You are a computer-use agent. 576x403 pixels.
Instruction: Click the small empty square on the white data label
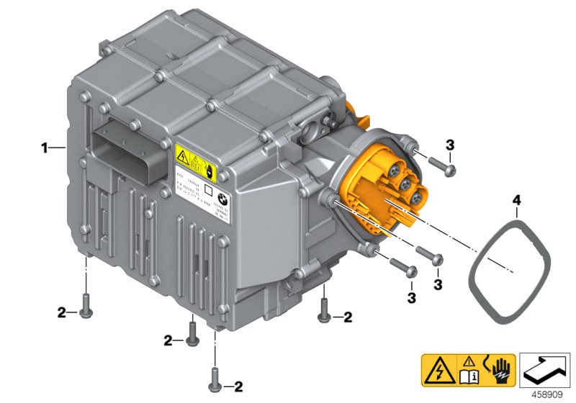207,191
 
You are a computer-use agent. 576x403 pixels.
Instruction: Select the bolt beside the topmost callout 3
429,166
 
